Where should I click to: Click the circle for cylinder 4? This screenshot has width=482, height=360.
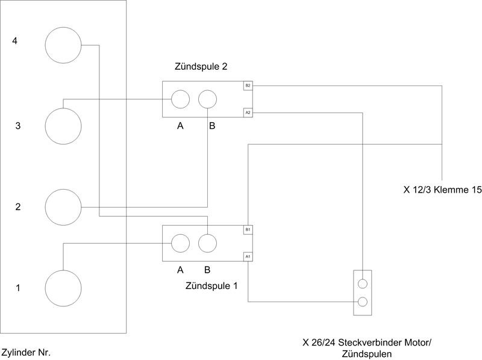tap(63, 45)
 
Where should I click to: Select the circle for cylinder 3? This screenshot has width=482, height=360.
tap(63, 125)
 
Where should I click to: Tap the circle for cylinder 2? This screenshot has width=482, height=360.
tap(63, 206)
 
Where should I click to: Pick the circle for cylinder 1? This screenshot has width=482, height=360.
tap(63, 287)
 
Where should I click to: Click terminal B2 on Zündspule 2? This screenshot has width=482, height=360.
tap(248, 85)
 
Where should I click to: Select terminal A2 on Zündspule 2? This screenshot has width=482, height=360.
tap(248, 113)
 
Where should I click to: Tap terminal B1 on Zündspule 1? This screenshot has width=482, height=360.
tap(248, 229)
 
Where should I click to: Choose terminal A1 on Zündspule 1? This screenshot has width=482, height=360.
tap(248, 256)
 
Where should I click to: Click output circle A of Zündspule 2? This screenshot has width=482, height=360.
tap(180, 99)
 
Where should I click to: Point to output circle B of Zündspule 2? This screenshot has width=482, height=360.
tap(207, 99)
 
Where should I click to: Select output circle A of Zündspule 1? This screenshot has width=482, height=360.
tap(180, 243)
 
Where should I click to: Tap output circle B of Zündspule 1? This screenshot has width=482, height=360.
tap(207, 243)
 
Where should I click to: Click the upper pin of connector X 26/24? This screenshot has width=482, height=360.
tap(363, 284)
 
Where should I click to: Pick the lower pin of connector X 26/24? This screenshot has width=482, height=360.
tap(363, 302)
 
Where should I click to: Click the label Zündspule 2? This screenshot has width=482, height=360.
tap(199, 66)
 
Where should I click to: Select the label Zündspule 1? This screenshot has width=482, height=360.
tap(211, 286)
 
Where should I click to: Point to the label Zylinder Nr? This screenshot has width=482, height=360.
tap(30, 351)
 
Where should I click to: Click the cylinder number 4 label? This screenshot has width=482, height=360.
tap(14, 41)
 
